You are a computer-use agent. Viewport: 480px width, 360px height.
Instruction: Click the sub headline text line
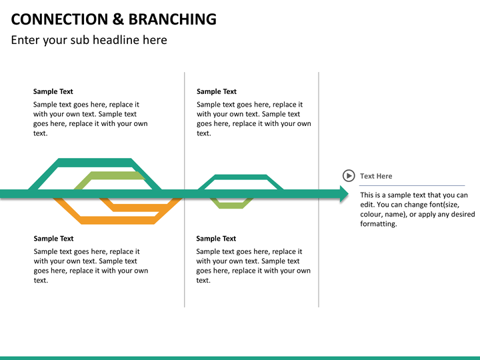[x=89, y=40]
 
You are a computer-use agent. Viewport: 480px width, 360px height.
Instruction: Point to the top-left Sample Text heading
[x=53, y=91]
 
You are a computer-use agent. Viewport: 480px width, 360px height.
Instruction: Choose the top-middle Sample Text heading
[x=217, y=91]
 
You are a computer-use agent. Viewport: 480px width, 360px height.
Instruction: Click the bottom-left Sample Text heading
[x=54, y=238]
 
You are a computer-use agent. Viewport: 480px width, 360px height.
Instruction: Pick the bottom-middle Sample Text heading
[x=216, y=238]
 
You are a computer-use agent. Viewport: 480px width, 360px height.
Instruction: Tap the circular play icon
[x=349, y=175]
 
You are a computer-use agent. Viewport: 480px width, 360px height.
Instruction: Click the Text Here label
[x=376, y=176]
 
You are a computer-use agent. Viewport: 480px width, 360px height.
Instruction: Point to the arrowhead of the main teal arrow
[x=344, y=194]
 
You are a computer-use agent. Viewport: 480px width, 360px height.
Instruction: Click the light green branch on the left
[x=109, y=175]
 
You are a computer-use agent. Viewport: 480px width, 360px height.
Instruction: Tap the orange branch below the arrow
[x=117, y=220]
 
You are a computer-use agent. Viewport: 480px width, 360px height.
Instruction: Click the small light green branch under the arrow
[x=232, y=205]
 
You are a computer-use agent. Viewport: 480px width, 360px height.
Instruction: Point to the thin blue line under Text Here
[x=403, y=185]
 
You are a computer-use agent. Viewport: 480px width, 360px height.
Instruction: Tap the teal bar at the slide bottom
[x=240, y=357]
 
